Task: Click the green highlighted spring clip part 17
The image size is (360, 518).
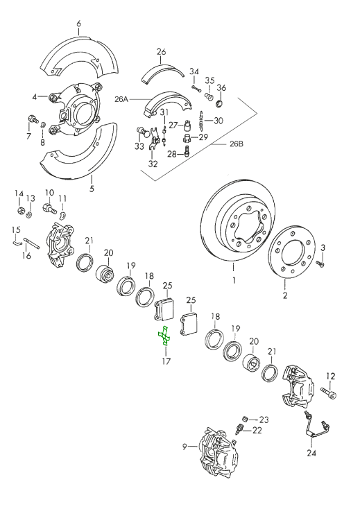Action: point(165,335)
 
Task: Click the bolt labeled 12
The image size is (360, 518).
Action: point(328,395)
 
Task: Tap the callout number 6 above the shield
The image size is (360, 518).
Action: point(79,24)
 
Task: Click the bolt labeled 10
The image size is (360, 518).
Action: point(49,206)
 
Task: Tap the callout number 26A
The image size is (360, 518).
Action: point(122,99)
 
